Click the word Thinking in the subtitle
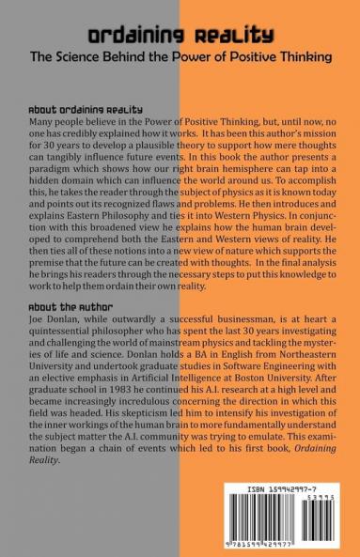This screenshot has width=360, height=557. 303,56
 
